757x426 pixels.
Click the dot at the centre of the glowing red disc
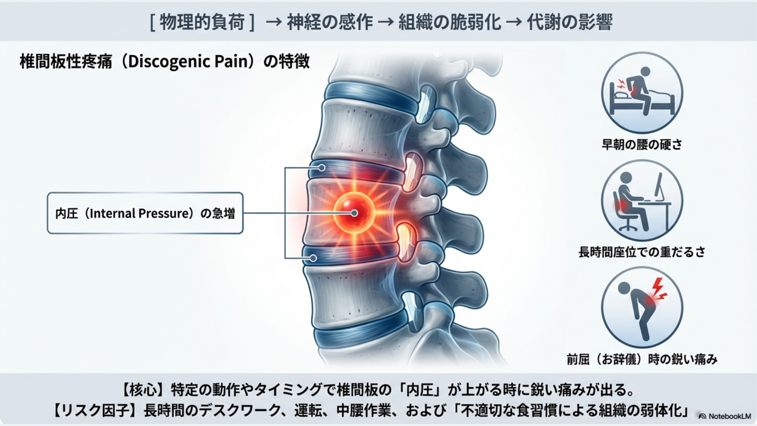(354, 213)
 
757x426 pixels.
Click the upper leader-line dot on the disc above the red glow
(322, 168)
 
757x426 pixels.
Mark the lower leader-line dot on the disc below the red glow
(313, 258)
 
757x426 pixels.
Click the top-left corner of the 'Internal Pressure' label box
(47, 192)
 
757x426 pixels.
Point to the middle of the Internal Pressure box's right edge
(243, 213)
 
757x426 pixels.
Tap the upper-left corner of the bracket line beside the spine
(285, 168)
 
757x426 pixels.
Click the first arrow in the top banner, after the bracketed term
(274, 22)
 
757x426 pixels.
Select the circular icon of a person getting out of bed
(641, 93)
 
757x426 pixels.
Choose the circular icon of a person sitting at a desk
(641, 201)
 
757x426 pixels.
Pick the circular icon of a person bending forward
(641, 308)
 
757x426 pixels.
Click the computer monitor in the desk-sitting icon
(658, 185)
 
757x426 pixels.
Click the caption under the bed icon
(641, 145)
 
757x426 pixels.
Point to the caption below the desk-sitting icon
(641, 252)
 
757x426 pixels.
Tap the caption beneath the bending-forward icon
(641, 359)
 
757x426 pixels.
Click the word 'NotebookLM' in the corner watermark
(729, 416)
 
